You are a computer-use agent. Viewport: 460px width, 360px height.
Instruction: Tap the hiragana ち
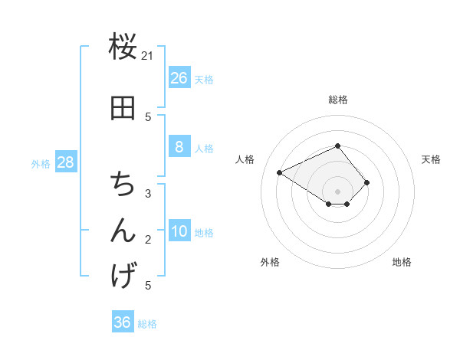pos(123,184)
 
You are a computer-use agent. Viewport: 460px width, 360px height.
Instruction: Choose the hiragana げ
pos(123,275)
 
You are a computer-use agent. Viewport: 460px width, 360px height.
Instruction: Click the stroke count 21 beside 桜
pos(148,55)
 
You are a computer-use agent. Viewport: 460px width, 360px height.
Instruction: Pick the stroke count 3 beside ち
pos(148,194)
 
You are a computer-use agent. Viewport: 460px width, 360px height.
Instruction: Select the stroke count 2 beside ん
pos(148,240)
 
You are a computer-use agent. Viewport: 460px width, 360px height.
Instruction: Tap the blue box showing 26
pos(179,78)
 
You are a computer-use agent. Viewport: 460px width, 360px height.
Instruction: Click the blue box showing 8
pos(179,147)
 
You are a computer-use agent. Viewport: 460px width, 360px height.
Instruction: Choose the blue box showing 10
pos(179,231)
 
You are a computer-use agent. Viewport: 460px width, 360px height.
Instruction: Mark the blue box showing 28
pos(65,162)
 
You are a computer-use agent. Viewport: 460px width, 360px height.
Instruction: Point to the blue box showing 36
pos(123,322)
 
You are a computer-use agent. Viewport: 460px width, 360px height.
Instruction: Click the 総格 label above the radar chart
pos(338,100)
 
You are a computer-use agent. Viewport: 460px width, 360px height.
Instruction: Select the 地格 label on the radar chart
pos(402,263)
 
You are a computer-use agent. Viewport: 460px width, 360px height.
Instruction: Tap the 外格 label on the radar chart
pos(270,263)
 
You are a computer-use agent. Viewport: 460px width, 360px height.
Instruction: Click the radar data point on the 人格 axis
pos(280,173)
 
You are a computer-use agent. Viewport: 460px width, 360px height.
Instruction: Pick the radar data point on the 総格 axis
pos(338,146)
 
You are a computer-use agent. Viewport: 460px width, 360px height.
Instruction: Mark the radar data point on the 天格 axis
pos(367,182)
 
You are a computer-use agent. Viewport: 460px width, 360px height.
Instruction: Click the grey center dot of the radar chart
pos(338,191)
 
